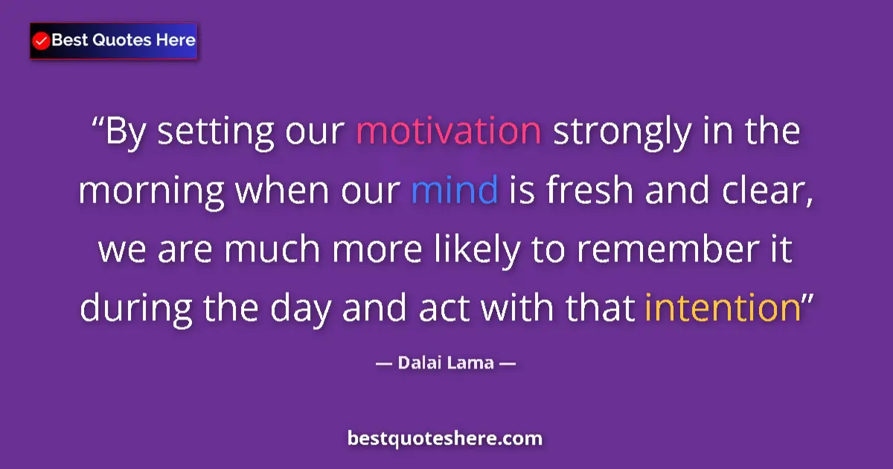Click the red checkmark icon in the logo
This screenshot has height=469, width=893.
point(42,41)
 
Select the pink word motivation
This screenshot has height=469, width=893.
point(448,131)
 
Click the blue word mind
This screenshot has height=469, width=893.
point(454,191)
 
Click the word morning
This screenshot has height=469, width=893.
point(151,192)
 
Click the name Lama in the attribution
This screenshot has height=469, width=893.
point(473,364)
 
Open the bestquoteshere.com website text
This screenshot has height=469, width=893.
point(445,438)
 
